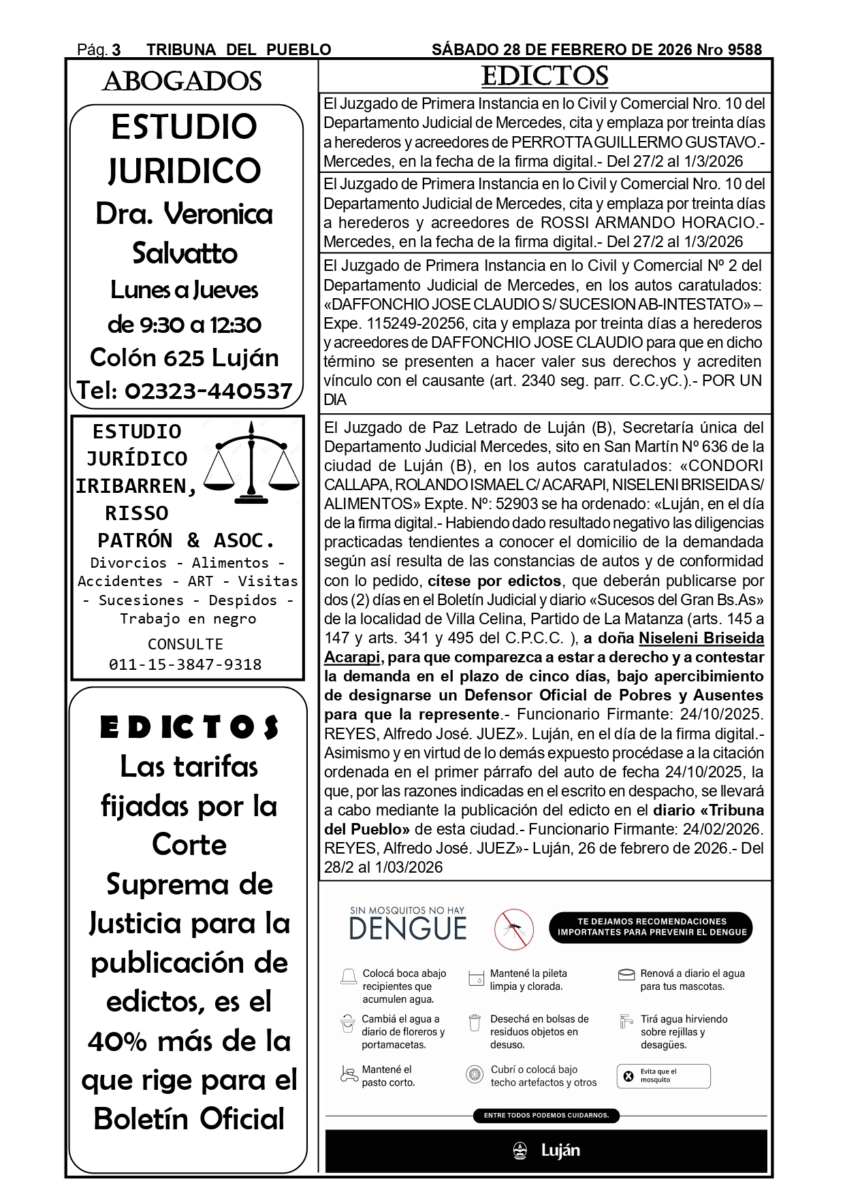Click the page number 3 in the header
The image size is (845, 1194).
pos(116,50)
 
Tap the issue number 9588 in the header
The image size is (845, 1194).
pos(744,50)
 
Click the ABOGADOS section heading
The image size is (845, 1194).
pos(182,82)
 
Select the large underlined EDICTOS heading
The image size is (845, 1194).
pos(544,76)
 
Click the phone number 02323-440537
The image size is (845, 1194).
pos(208,391)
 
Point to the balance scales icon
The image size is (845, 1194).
pos(252,462)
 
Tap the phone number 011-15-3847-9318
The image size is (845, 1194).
pos(185,664)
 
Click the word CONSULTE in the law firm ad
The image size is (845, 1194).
pos(185,644)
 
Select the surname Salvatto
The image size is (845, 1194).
pos(185,253)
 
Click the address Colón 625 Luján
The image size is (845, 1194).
pos(185,357)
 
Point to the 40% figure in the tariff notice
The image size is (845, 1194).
pos(117,1041)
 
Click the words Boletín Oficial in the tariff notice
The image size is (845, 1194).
pos(189,1119)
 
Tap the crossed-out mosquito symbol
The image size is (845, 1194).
pos(514,929)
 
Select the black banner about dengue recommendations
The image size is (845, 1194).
pos(651,927)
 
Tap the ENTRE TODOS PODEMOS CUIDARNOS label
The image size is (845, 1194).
pos(546,1115)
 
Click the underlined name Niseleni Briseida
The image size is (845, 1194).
pos(701,638)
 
